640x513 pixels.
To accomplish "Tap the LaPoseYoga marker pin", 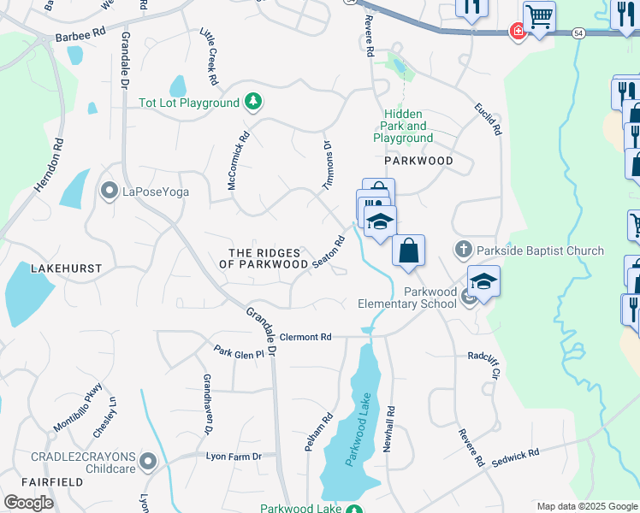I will pos(109,189).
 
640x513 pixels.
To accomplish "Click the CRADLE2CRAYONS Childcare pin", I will pos(149,463).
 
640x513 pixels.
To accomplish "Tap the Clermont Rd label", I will pos(305,337).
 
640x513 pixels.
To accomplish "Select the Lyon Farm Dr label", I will pos(233,457).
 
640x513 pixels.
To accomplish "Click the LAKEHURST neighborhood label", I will pos(66,268).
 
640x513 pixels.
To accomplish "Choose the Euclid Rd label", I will pos(489,120).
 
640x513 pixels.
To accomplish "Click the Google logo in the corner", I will pos(28,503).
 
